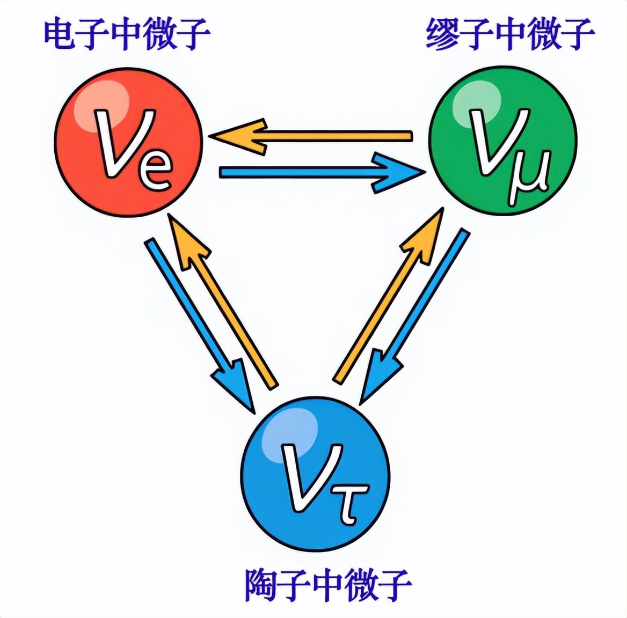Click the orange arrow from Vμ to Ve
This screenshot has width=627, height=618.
click(311, 136)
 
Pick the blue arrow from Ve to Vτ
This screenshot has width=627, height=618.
click(199, 322)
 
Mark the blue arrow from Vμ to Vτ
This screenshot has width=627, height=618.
click(413, 317)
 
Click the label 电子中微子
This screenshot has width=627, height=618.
click(127, 34)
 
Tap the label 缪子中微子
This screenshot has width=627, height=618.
click(510, 34)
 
